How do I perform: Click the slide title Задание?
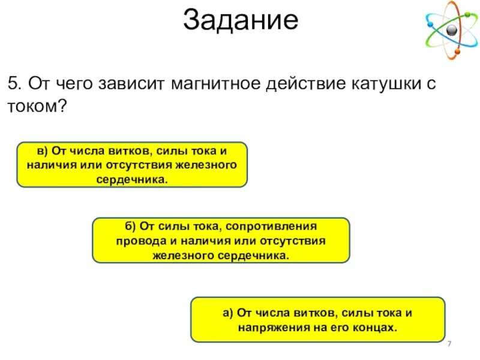point(240,20)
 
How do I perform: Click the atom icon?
point(452,31)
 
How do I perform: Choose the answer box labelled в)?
point(131,164)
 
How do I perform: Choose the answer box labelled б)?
point(220,241)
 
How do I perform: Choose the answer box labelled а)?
point(317,319)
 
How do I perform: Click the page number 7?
point(449,343)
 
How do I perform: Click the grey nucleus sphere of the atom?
point(451,31)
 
